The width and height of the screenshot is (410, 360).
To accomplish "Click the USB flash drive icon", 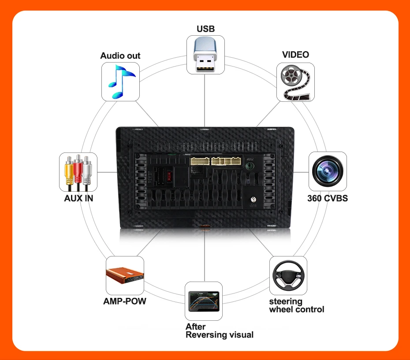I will [205, 55].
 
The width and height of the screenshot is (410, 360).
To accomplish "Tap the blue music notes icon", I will [120, 81].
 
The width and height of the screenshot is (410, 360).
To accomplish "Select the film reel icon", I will [295, 82].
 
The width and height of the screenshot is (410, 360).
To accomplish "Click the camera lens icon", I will [327, 171].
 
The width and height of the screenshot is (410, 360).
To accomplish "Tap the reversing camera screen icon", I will [203, 301].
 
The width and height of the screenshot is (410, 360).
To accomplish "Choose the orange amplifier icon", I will [125, 275].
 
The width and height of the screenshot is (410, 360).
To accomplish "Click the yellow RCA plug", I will [68, 171].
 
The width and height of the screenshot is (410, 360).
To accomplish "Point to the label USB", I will [205, 29].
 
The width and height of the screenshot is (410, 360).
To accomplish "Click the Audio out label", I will [120, 56].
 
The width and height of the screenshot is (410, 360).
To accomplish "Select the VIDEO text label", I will [295, 55].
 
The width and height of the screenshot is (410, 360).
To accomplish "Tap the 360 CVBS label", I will [327, 198].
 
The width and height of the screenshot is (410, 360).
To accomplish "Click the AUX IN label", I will [78, 198].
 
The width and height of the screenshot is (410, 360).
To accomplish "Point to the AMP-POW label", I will [124, 302].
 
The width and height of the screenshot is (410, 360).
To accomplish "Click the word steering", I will [286, 301].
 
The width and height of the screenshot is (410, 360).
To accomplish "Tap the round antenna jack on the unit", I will [253, 200].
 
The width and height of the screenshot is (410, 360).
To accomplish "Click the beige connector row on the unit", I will [216, 160].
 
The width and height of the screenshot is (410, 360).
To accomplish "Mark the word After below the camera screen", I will [195, 327].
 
